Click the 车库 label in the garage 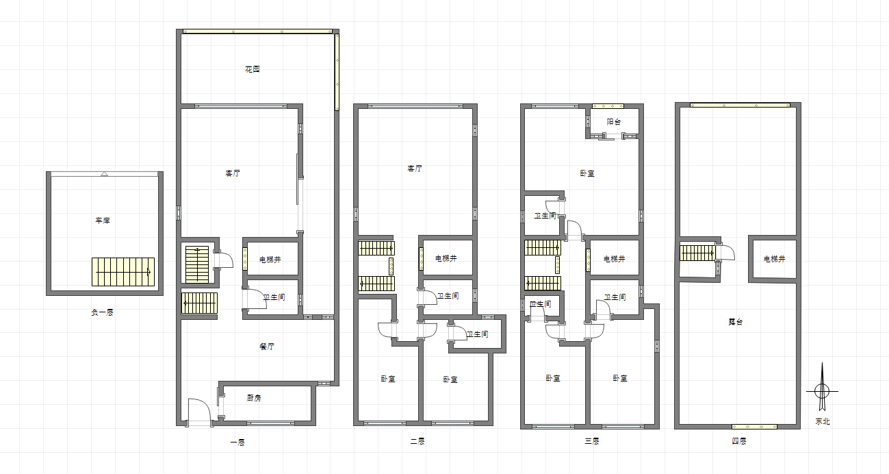coord(103,221)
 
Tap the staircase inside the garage coord(123,272)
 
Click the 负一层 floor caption coord(102,312)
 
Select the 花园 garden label coord(252,69)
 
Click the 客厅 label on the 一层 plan coord(233,173)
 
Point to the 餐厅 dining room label coord(267,347)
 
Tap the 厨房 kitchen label coord(254,398)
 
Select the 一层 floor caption coord(237,442)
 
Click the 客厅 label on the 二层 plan coord(415,169)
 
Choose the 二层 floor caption coord(417,441)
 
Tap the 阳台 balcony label coord(614,121)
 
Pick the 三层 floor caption coord(592,441)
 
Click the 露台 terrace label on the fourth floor coord(736,322)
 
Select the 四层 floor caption coord(739,441)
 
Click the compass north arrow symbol coord(822,388)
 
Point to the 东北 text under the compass coord(823,421)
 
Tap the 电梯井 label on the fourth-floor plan coord(775,259)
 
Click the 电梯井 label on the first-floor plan coord(270,260)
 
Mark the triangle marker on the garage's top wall coord(104,174)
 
